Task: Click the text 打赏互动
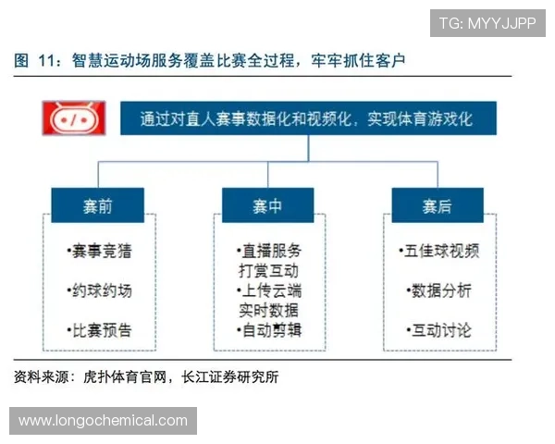pyautogui.click(x=268, y=270)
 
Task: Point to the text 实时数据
pyautogui.click(x=268, y=310)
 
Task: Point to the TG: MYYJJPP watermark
pyautogui.click(x=487, y=22)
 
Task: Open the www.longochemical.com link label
pyautogui.click(x=103, y=421)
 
